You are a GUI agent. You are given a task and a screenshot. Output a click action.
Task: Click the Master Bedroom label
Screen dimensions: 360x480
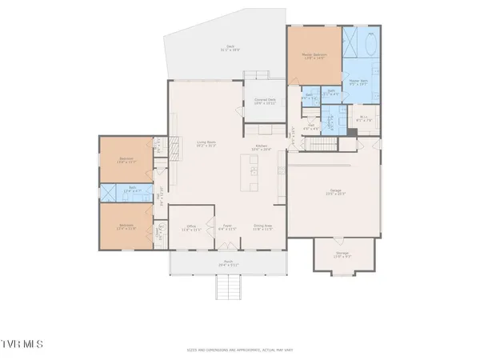click(x=315, y=56)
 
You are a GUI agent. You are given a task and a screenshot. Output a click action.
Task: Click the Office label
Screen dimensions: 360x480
click(x=191, y=227)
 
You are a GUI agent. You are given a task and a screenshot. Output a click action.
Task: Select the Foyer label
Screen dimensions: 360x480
click(x=226, y=227)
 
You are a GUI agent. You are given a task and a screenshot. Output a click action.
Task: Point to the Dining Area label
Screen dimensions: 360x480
click(x=263, y=227)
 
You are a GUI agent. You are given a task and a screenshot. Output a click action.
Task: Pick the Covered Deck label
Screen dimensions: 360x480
click(x=265, y=101)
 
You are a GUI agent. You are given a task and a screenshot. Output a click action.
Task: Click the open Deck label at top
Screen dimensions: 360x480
click(x=229, y=48)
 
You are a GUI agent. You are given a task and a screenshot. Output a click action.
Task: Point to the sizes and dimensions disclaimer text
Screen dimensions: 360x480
click(x=239, y=350)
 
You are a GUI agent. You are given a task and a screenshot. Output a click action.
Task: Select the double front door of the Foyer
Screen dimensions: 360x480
click(x=227, y=250)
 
